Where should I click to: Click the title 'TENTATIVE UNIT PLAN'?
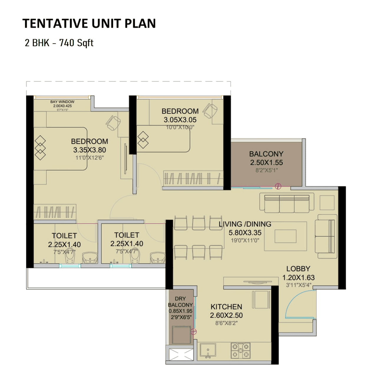pos(89,24)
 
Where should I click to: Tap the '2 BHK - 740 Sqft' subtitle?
pos(59,43)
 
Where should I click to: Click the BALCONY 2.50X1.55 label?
pos(266,158)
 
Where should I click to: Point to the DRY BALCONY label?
pos(180,302)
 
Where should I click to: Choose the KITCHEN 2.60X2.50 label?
pos(226,311)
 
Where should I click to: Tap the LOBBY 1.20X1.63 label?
pos(298,273)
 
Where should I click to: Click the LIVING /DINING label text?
pos(245,224)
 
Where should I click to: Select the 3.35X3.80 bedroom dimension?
pos(90,150)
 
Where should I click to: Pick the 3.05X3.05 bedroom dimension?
pos(180,120)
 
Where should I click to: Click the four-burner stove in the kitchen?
pos(240,350)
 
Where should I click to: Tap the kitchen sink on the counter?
pos(208,350)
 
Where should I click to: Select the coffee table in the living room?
pos(285,236)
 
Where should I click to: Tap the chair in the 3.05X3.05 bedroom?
pos(210,111)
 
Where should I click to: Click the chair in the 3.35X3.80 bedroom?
pos(113,123)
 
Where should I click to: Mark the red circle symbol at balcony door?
pos(278,186)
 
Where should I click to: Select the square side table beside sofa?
pos(327,203)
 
